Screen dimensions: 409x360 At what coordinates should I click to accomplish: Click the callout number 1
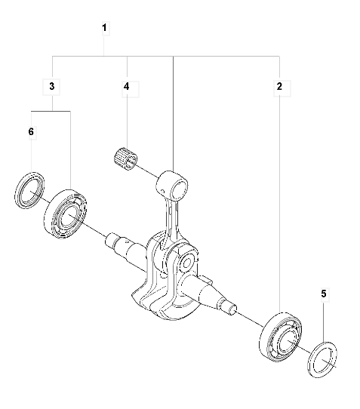click(104, 28)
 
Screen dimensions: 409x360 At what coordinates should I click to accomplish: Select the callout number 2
click(279, 87)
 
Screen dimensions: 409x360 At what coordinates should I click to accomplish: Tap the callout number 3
click(52, 87)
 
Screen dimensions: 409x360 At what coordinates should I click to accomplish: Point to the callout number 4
click(127, 87)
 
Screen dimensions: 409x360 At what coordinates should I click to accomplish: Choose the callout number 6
click(31, 132)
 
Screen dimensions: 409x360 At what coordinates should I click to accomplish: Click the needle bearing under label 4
click(125, 157)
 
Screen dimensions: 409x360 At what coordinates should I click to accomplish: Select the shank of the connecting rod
click(171, 219)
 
